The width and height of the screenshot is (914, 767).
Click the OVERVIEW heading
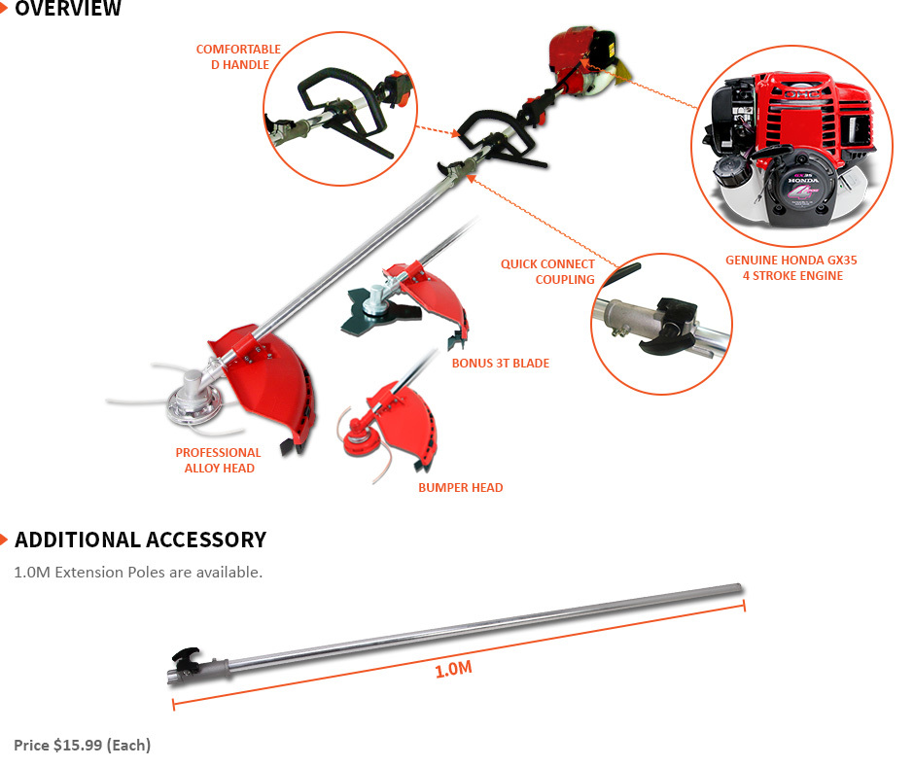pos(68,10)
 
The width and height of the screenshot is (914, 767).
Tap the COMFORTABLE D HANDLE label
pos(238,56)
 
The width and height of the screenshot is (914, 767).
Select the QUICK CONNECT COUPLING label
pos(547,271)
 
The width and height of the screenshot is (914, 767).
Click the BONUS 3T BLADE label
pos(500,363)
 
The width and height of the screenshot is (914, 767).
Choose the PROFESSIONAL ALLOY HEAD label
pos(218,460)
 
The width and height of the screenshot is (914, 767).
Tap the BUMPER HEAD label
pos(460,487)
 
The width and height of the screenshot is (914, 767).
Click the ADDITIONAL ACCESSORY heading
pos(140,540)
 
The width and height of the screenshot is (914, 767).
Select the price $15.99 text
pos(82,745)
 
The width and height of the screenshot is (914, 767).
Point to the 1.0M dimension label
pos(453,670)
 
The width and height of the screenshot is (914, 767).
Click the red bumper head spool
pos(357,440)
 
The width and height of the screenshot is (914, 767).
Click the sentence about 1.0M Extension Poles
pos(138,572)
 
